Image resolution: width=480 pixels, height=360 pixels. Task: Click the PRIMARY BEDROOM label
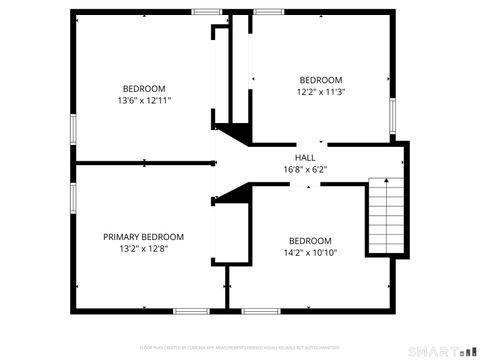click(143, 237)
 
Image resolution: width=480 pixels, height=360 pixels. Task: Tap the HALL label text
click(305, 158)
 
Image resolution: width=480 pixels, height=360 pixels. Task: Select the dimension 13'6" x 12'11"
click(144, 100)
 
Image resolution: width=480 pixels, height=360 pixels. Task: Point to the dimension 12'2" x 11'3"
click(321, 92)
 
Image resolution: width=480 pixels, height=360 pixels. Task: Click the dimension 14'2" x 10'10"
click(310, 252)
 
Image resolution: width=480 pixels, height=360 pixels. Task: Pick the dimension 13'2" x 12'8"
click(143, 249)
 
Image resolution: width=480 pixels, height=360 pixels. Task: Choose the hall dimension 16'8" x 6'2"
click(305, 169)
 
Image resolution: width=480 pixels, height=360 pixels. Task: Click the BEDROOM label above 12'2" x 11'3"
click(321, 80)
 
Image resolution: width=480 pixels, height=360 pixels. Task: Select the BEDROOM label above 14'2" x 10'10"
click(310, 240)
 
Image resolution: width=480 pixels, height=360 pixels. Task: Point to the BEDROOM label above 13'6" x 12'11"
click(144, 88)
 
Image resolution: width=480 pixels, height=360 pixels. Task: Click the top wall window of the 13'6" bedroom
click(207, 12)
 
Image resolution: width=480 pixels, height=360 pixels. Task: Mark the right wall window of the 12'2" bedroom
click(394, 116)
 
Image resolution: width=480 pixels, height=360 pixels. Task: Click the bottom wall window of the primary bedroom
click(190, 311)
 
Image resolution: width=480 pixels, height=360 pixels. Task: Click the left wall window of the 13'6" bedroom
click(73, 129)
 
